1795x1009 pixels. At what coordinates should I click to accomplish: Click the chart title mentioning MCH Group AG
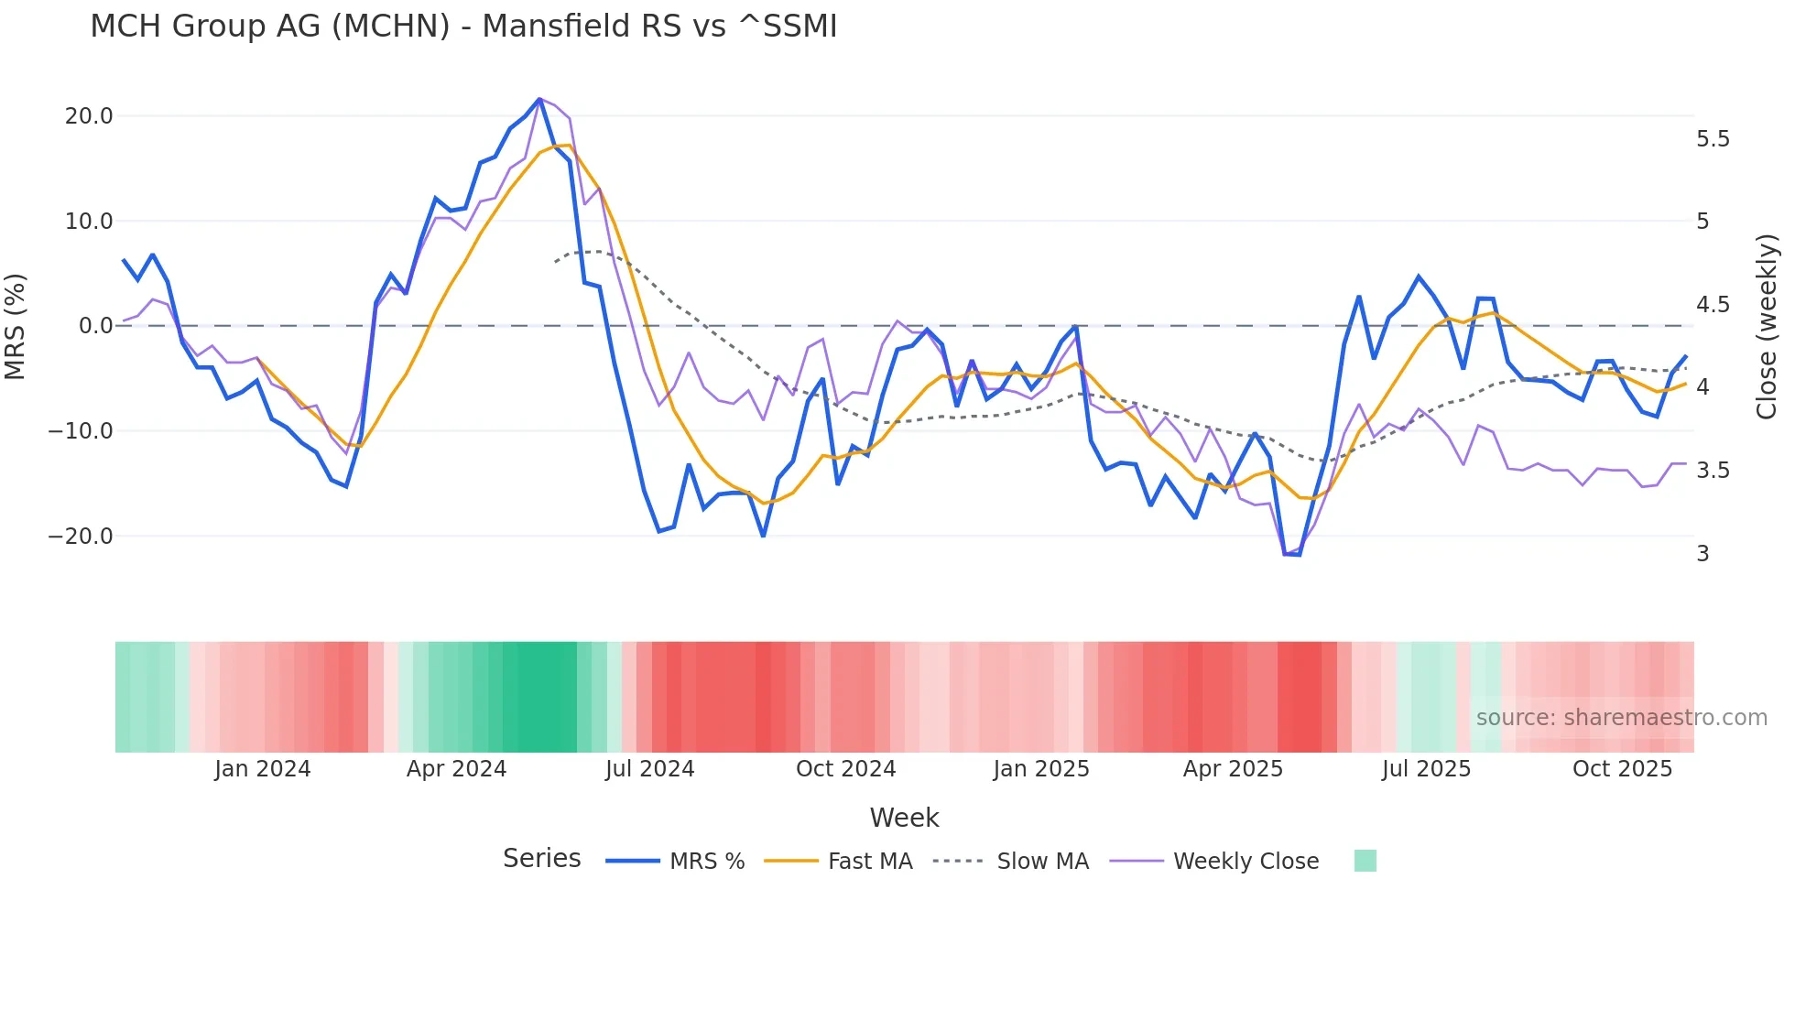(x=463, y=27)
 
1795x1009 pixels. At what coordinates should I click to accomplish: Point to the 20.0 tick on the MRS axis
(x=89, y=116)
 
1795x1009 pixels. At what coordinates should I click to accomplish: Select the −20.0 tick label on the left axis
(x=81, y=537)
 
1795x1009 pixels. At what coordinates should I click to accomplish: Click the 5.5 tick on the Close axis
(x=1713, y=139)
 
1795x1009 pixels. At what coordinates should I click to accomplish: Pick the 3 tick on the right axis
(x=1703, y=554)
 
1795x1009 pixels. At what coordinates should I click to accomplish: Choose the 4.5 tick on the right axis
(x=1713, y=305)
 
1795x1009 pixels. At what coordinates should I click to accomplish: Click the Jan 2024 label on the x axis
(x=263, y=769)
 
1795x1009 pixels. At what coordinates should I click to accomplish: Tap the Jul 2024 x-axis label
(x=649, y=769)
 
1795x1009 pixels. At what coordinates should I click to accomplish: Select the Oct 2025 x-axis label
(x=1622, y=769)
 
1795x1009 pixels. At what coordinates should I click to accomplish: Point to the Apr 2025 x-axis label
(x=1233, y=769)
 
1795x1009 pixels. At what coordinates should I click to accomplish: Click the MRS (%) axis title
(x=16, y=326)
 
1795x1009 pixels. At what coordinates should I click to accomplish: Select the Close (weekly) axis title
(x=1767, y=326)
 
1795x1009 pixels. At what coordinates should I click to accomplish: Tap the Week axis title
(x=904, y=818)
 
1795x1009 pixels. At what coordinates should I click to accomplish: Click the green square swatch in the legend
(x=1365, y=861)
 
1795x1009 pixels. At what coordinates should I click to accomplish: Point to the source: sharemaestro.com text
(x=1621, y=718)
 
